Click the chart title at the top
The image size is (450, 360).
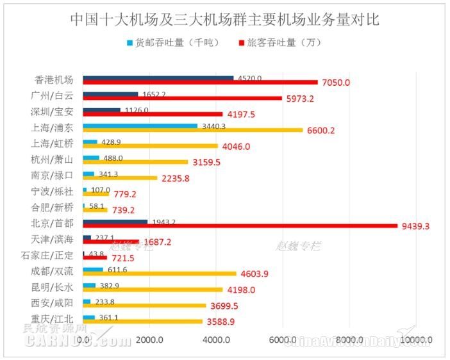[x=224, y=19]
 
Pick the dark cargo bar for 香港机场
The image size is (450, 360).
[x=158, y=78]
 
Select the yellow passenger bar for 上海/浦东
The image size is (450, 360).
[x=192, y=130]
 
